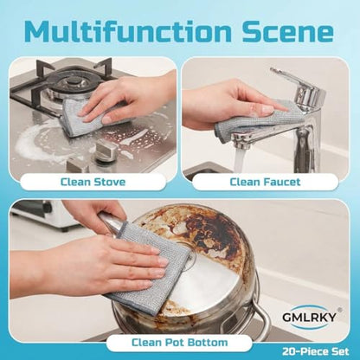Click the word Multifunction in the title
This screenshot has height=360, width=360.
point(128,31)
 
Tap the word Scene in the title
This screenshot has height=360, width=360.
point(287,31)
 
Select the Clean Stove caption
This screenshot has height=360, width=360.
point(93,182)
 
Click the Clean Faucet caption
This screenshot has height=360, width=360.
point(265,182)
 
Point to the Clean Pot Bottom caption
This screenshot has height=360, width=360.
point(179,343)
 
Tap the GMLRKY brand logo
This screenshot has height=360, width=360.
point(309,317)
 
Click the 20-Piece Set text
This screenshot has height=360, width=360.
point(315,351)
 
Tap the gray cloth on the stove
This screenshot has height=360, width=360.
point(87,119)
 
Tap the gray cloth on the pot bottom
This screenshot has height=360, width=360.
point(153,267)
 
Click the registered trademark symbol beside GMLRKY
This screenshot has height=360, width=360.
point(340,309)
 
